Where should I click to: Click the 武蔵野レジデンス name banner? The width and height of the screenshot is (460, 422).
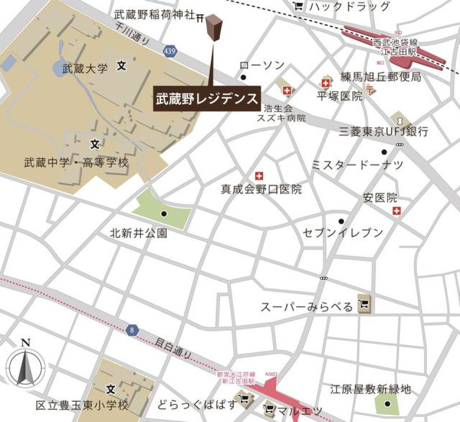[207, 99]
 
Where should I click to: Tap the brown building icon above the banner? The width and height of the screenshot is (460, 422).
[214, 28]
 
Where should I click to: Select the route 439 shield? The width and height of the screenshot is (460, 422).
[169, 50]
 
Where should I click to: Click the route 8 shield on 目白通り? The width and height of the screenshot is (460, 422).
[131, 330]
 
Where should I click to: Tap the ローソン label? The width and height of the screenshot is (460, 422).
[262, 66]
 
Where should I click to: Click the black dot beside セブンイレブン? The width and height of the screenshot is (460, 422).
[341, 221]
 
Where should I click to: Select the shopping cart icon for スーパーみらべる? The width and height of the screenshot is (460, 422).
[365, 305]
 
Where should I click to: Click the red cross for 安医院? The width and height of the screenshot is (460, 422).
[396, 210]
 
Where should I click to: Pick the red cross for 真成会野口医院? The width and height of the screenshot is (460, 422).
[259, 175]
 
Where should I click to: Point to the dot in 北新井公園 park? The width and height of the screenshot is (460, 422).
[164, 214]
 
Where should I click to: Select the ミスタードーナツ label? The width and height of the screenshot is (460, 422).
[357, 165]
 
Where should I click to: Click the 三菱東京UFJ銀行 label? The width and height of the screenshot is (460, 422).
[383, 132]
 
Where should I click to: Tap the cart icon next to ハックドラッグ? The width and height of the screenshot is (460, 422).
[298, 6]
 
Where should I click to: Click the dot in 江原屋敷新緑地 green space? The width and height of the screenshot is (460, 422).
[387, 404]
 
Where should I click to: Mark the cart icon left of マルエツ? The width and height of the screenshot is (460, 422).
[269, 410]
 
